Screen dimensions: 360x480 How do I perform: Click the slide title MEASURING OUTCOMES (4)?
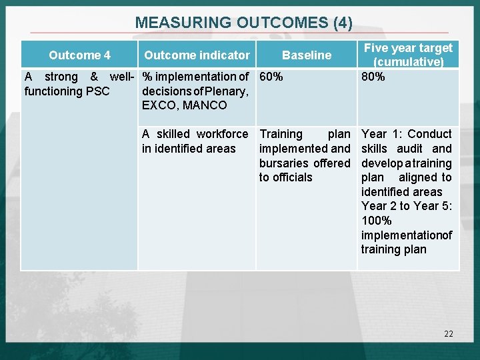coord(243,22)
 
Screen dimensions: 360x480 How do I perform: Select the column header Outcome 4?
coord(79,55)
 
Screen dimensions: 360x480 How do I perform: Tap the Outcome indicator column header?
coord(197,55)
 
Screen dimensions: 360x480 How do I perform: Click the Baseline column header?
coord(307,55)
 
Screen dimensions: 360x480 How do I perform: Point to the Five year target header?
coord(408,48)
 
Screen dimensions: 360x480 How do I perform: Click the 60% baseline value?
coord(271,77)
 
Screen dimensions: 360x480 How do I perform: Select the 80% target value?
coord(373,77)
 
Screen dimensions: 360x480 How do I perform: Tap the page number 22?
coord(448,333)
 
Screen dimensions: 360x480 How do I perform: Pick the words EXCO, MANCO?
coord(184,105)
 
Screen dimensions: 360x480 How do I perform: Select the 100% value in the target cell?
coord(377,221)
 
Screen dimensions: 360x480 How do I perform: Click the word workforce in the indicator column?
coord(222,134)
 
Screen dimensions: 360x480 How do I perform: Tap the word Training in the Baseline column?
coord(281,134)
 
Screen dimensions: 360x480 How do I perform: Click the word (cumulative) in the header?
coord(408,62)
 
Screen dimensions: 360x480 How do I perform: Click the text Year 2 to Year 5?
coord(407,206)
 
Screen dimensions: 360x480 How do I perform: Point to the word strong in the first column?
coord(61,77)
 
